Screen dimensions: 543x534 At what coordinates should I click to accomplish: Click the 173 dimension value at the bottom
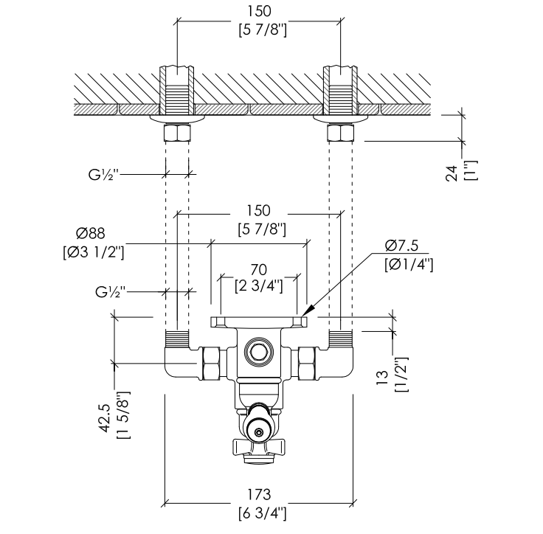[x=259, y=494]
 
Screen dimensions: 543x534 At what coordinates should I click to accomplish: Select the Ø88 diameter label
[x=91, y=233]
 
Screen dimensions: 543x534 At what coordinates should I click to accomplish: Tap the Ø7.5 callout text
[x=401, y=245]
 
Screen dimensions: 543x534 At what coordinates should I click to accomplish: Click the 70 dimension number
[x=259, y=270]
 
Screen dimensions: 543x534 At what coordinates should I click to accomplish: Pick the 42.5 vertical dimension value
[x=105, y=418]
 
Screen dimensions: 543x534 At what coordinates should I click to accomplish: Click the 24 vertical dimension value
[x=452, y=173]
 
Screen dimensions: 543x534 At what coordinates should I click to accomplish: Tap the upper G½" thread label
[x=103, y=175]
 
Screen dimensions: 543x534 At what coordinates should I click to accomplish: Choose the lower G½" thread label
[x=111, y=292]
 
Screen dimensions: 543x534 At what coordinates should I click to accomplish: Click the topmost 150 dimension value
[x=259, y=11]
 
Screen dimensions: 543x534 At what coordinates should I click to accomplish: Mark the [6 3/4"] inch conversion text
[x=263, y=513]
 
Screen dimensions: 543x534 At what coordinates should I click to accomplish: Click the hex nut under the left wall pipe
[x=177, y=133]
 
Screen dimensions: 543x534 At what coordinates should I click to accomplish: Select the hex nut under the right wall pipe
[x=341, y=133]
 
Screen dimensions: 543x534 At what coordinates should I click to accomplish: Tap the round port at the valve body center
[x=259, y=353]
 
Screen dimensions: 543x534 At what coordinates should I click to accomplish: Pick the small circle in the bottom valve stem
[x=259, y=432]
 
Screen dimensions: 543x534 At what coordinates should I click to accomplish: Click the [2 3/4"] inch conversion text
[x=259, y=286]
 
